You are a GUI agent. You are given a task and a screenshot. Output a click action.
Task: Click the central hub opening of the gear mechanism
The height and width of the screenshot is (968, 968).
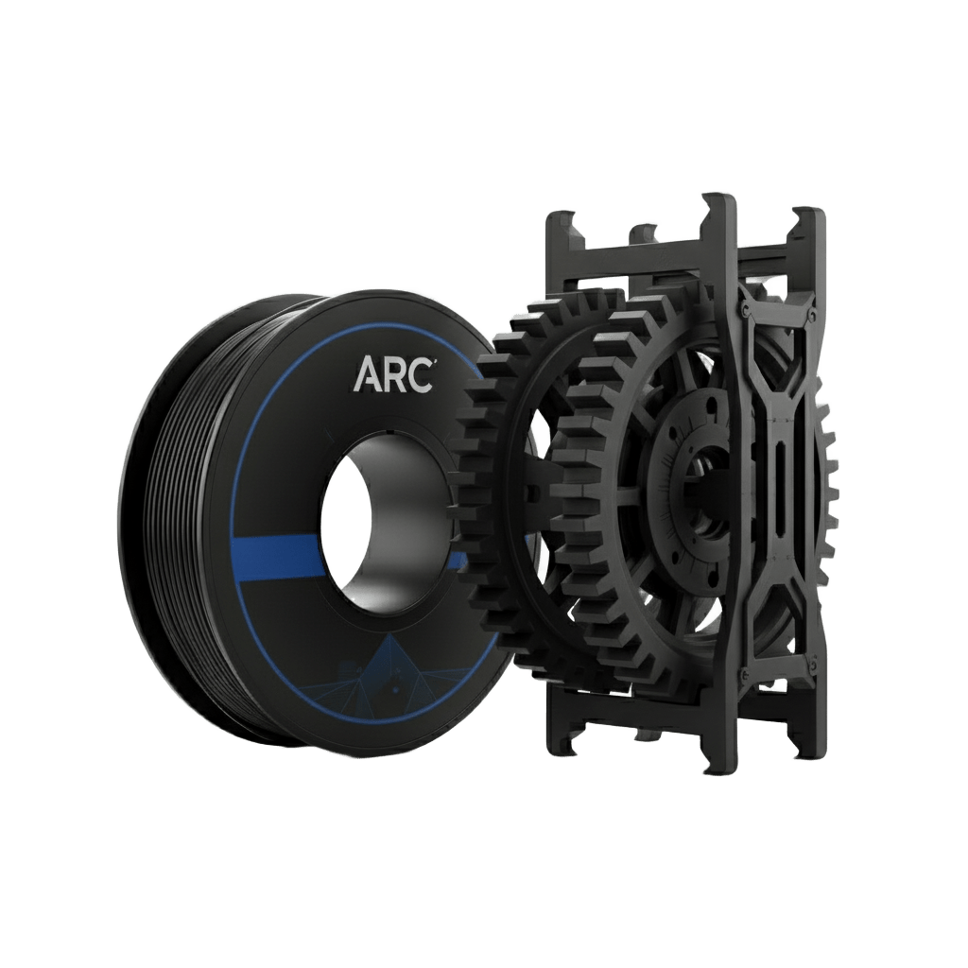pos(702,493)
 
